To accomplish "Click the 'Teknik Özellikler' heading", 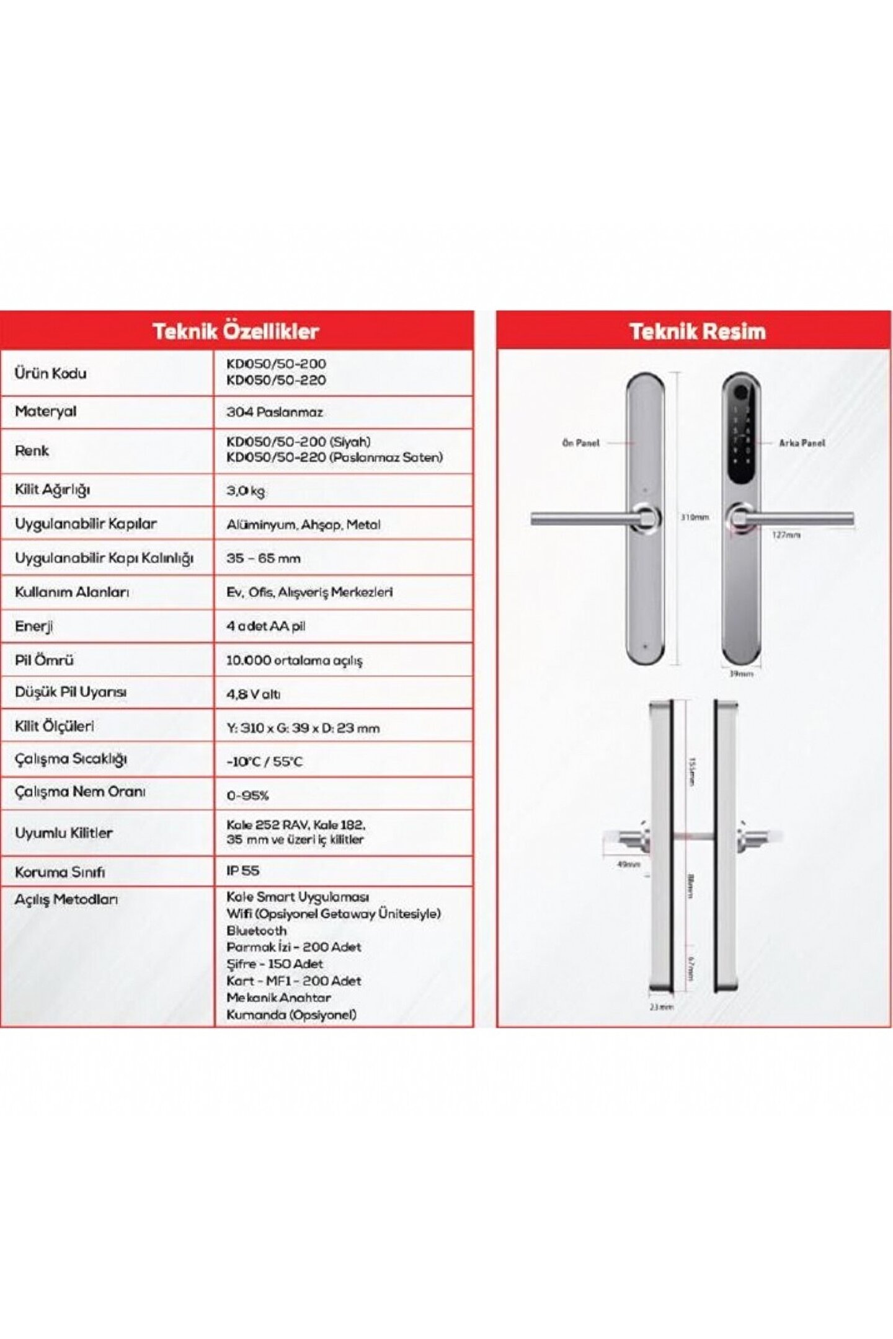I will pos(236,331).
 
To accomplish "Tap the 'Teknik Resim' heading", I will pos(697,331).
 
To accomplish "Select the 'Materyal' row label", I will pos(45,411).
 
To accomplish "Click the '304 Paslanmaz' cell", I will pos(274,412).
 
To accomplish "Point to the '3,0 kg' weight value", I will pos(246,491).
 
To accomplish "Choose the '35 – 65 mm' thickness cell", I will pos(263,558).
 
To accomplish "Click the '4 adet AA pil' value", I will pos(265,626).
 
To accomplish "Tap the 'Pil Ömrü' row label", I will pos(44,660).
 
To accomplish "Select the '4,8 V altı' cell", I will pos(253,694).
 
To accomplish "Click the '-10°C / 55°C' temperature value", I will pos(264,761).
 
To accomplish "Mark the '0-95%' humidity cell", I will pos(247,795).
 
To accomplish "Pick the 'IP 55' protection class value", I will pos(242,870).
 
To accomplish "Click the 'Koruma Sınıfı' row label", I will pos(60,872).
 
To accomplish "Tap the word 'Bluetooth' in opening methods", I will pos(256,930).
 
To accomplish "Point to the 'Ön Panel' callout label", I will pos(580,443).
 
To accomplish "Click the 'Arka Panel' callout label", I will pos(802,443).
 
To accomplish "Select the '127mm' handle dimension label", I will pos(786,534).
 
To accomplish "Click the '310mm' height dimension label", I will pos(695,517).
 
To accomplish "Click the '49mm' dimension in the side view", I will pos(628,864).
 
